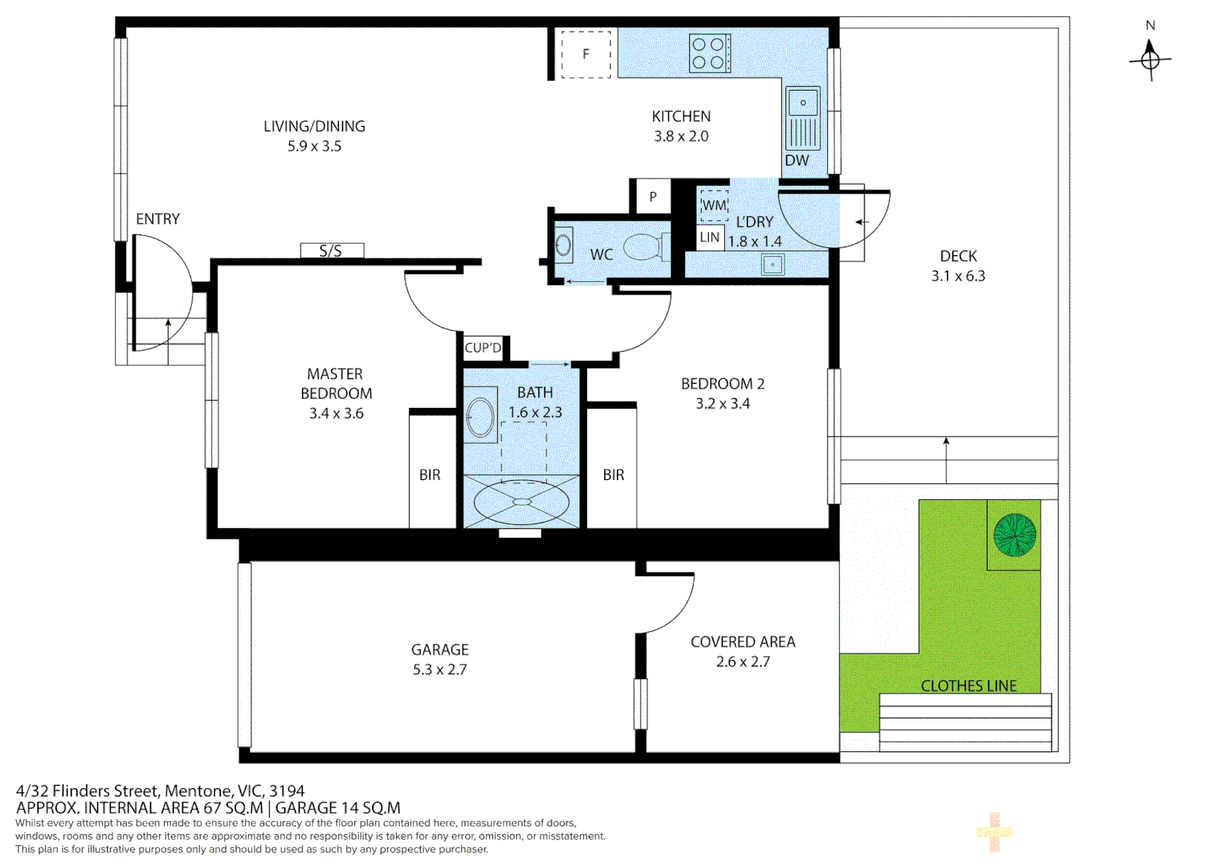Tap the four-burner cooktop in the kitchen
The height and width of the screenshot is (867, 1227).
(710, 53)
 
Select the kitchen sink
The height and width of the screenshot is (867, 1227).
(802, 104)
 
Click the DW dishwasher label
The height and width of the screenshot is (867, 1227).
(797, 161)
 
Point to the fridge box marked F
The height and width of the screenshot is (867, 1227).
(586, 55)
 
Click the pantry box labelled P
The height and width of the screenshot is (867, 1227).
(653, 197)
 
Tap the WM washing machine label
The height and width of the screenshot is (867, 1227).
(714, 206)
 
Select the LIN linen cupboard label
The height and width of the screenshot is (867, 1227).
(709, 238)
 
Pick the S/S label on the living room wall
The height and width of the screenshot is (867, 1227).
(331, 251)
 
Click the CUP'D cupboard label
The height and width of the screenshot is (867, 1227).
(483, 348)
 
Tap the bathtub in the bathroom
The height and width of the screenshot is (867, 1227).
(522, 502)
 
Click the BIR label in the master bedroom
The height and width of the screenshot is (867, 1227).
(430, 475)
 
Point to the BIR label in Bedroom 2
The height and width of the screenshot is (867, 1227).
(613, 475)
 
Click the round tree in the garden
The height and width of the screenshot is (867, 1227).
(1014, 535)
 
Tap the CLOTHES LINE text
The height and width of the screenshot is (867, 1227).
(968, 686)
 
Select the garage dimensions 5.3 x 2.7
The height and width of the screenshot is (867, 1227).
(439, 670)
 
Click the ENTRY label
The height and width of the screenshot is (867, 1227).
(157, 219)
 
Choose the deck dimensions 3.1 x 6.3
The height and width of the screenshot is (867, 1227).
(958, 276)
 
